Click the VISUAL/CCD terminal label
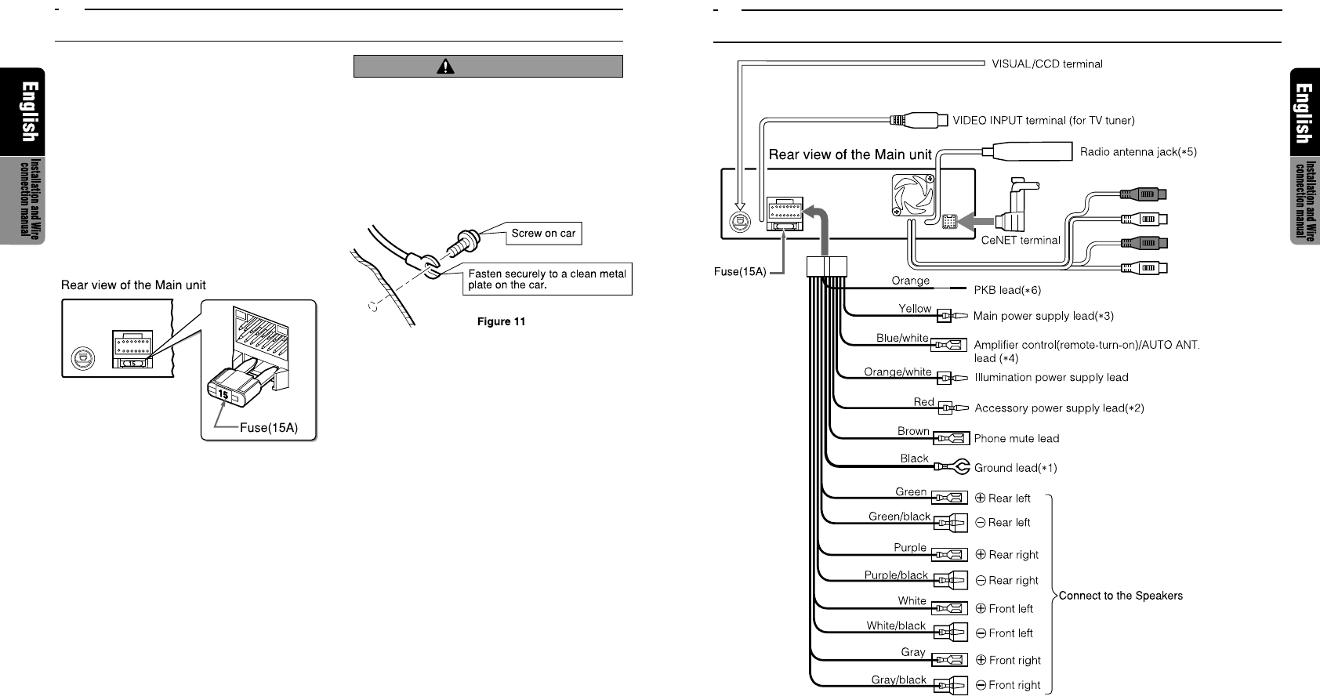1046,64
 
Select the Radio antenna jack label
1138,152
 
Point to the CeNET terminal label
1020,241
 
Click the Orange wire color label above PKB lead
910,281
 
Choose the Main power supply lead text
1043,316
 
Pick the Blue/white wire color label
902,339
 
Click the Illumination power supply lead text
1051,378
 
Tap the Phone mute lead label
1016,439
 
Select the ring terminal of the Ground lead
962,467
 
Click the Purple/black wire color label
896,575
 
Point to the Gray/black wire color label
898,680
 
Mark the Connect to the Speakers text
1120,596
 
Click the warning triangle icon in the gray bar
445,67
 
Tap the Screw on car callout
543,234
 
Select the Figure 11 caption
501,322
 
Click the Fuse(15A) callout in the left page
268,428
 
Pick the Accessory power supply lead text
1059,408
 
